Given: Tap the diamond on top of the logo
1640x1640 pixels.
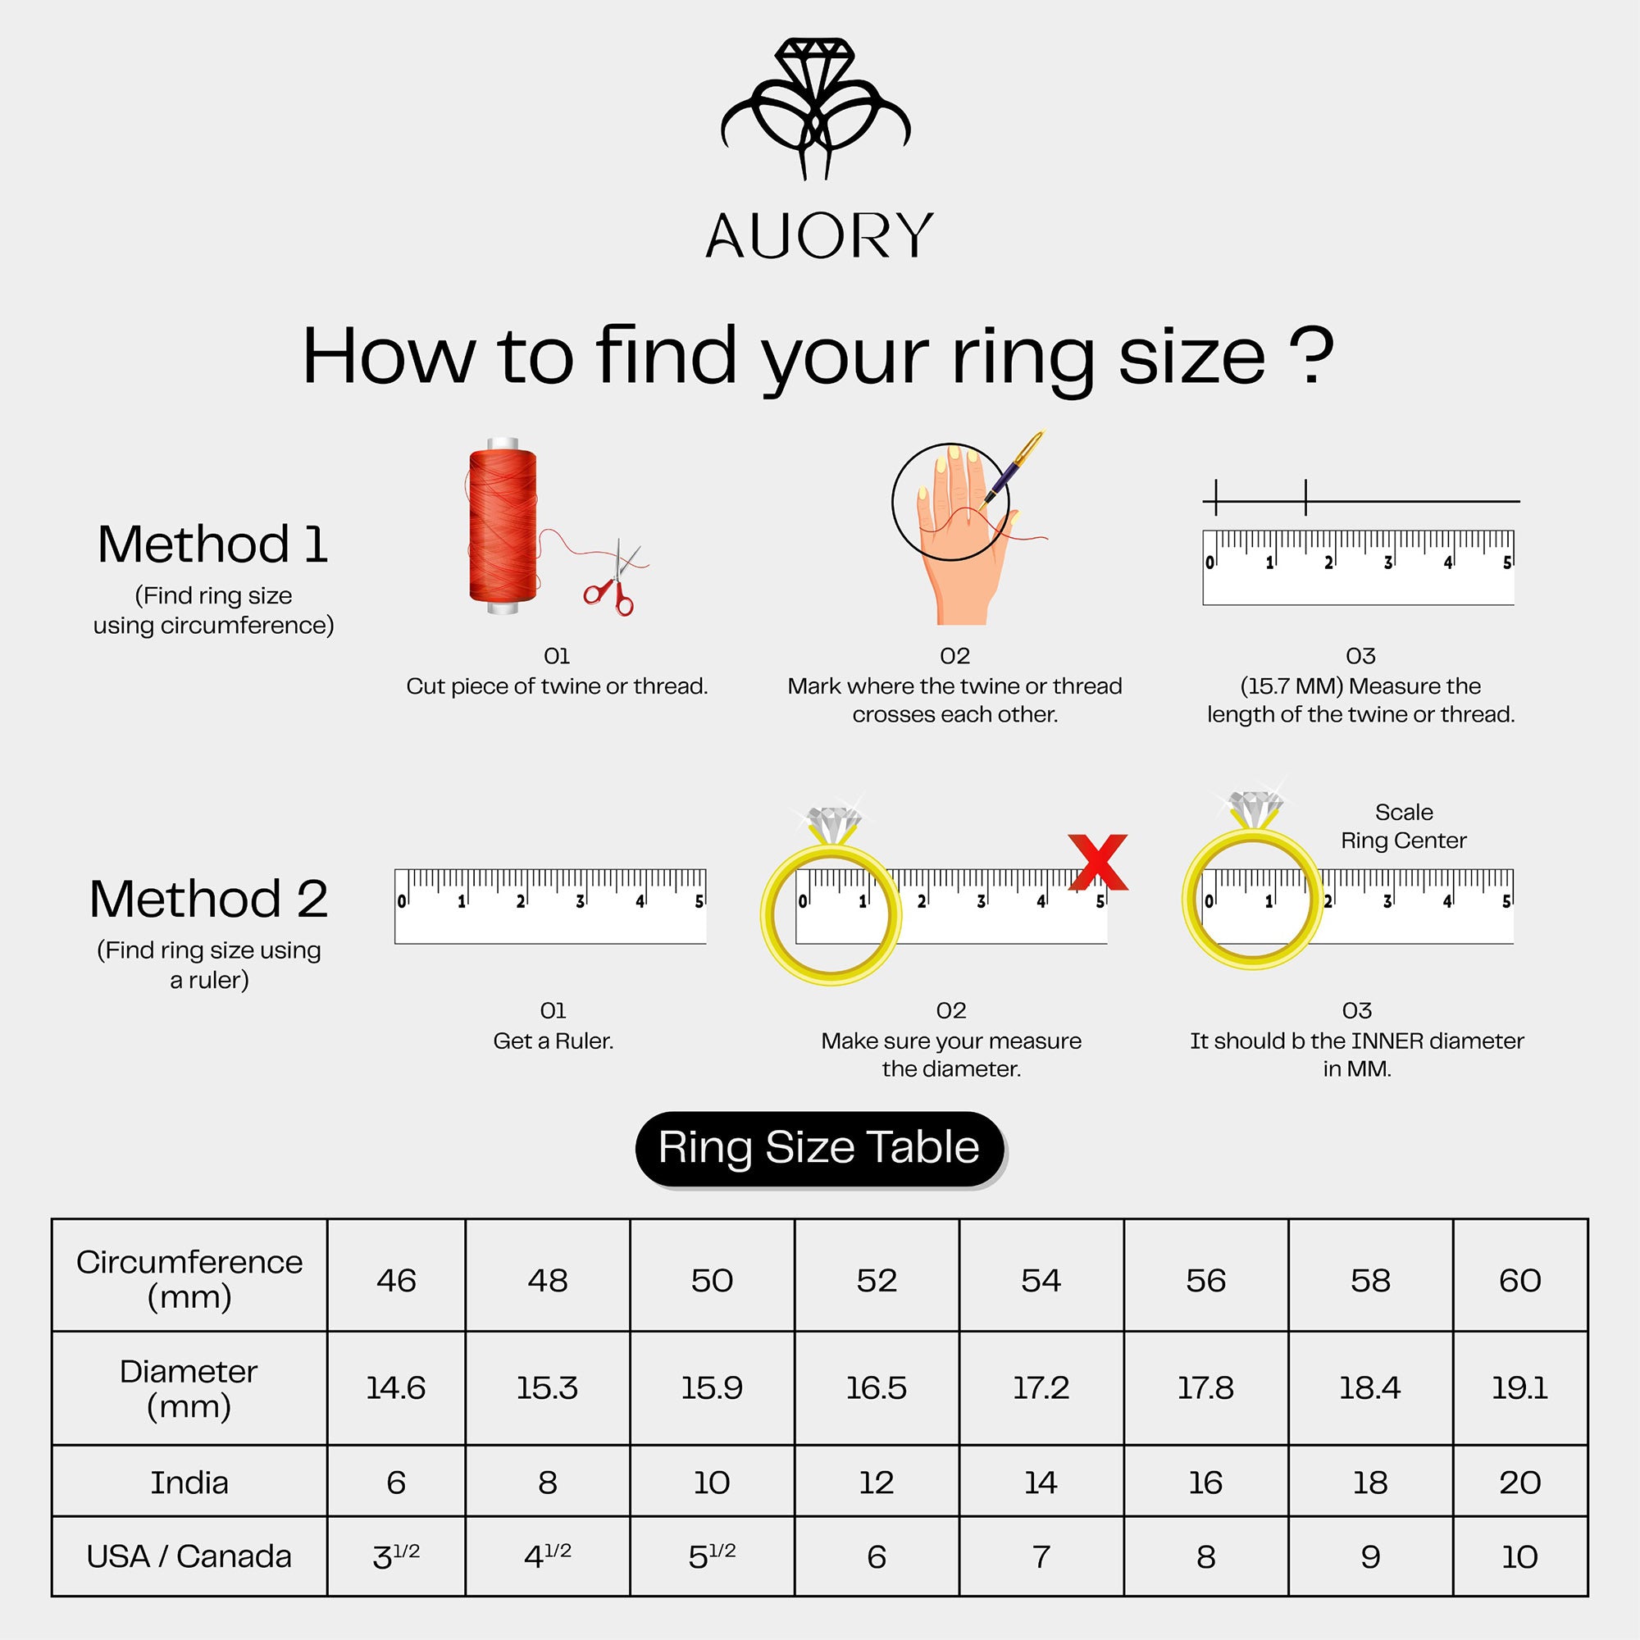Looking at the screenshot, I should pos(815,59).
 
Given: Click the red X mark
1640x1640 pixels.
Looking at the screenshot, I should pos(1099,863).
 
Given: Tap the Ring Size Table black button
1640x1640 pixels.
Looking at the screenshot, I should pos(819,1148).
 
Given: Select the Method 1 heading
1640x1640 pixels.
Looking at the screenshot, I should pos(212,544).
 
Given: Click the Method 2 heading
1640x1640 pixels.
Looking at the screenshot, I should pos(209,899).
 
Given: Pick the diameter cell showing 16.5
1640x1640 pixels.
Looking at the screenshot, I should pos(876,1388).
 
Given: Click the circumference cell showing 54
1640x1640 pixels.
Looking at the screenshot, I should pos(1041,1280).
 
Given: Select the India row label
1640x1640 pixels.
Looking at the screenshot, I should pos(189,1482).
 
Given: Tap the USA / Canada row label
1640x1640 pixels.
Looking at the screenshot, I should pos(189,1557).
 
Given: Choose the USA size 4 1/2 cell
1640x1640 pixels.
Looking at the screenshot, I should pos(548,1557).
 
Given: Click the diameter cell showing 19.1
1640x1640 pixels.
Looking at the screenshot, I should pos(1519,1388).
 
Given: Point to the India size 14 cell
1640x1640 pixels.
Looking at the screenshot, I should pos(1041,1482).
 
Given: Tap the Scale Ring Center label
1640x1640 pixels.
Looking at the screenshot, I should pos(1403,826).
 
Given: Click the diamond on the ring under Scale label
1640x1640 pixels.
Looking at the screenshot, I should pos(1255,806).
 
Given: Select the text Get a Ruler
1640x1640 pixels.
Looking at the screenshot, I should pos(553,1041).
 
